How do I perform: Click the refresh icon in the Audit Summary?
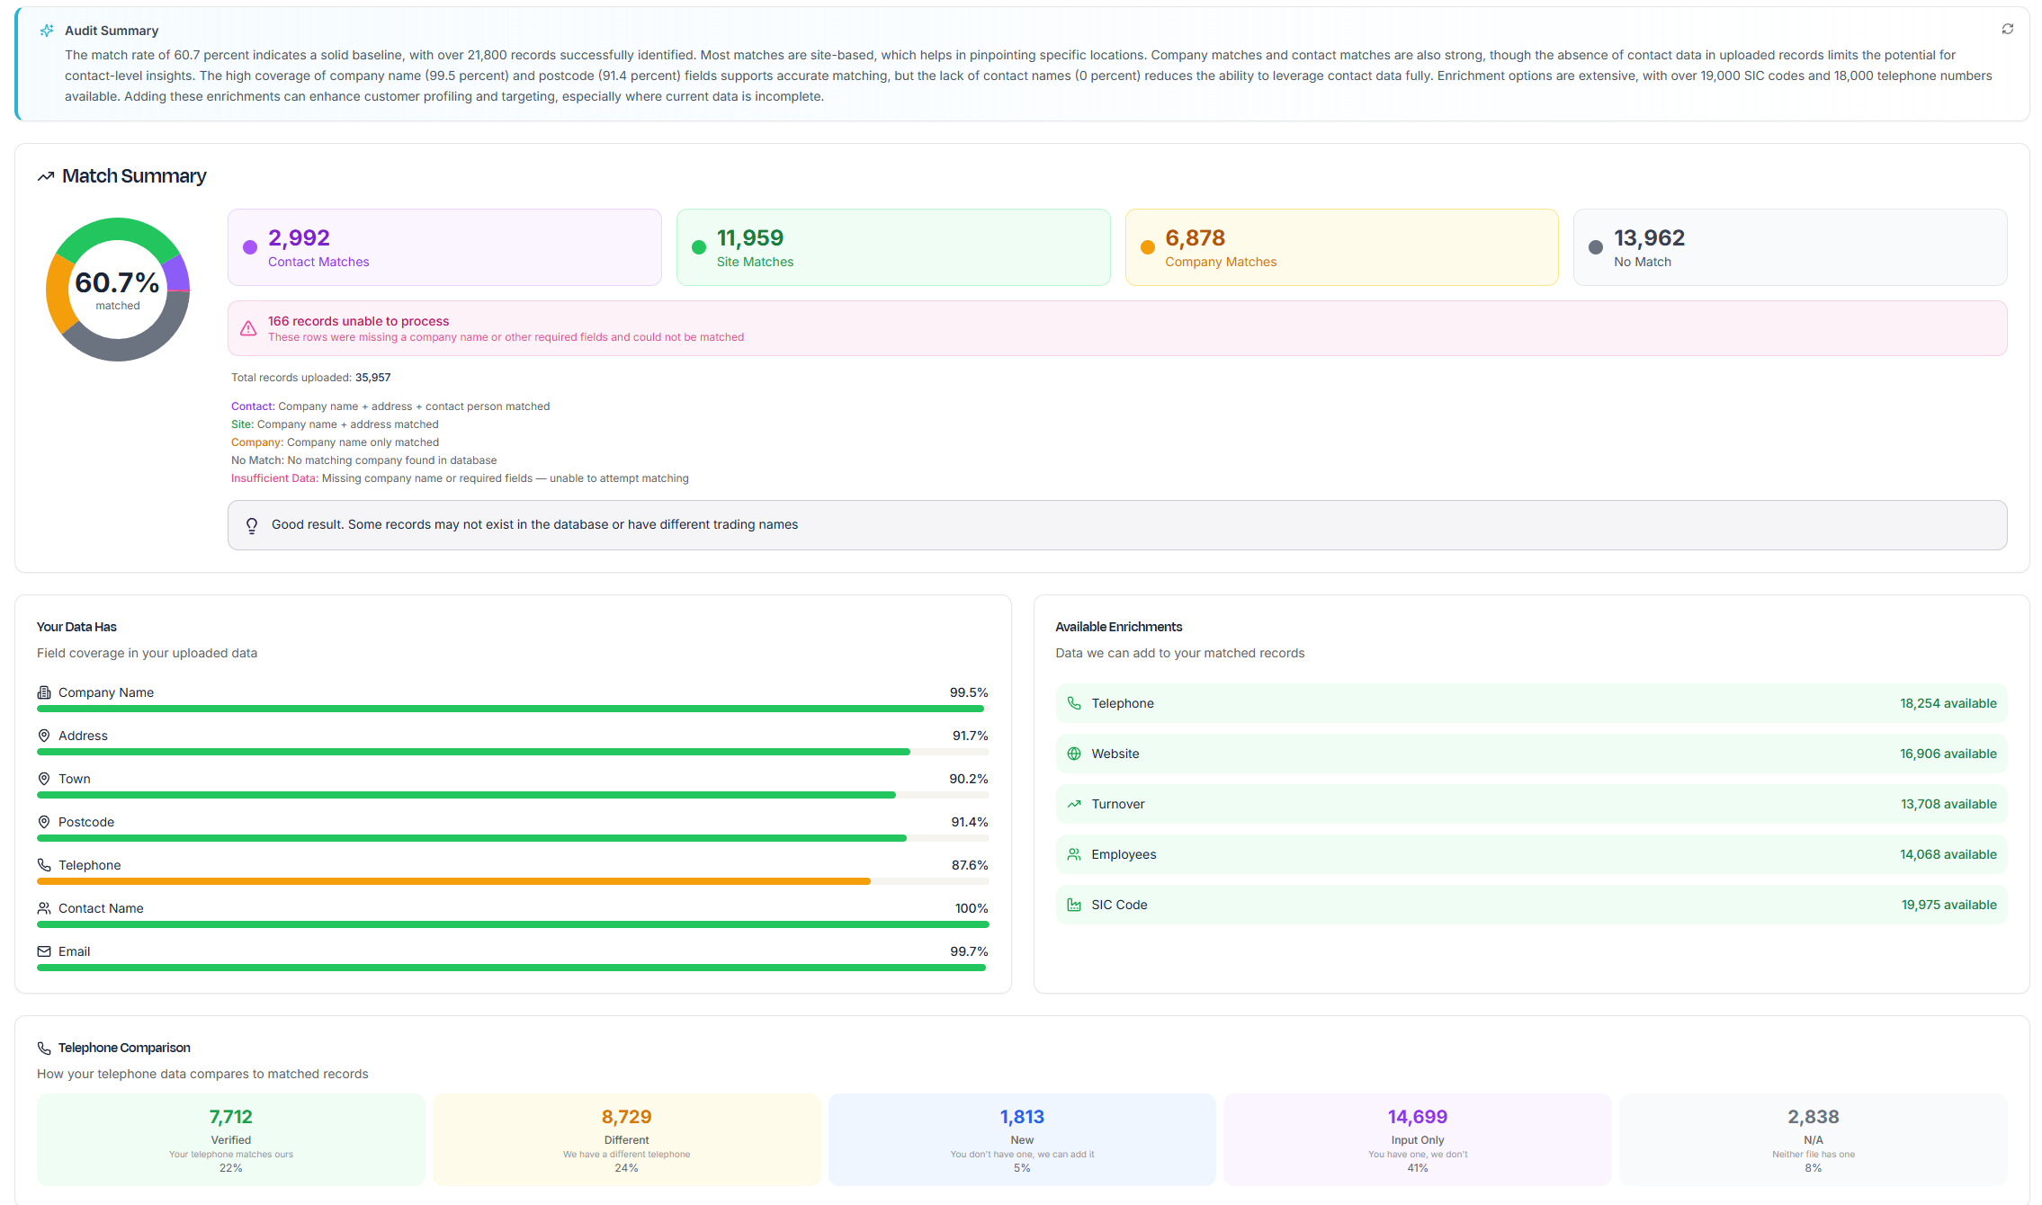click(2007, 30)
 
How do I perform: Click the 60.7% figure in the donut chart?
click(117, 282)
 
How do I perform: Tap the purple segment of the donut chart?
click(178, 272)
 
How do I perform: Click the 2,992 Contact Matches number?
click(299, 237)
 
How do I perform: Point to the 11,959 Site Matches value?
click(749, 237)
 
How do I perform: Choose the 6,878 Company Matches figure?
click(1195, 237)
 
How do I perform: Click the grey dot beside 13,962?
click(1595, 247)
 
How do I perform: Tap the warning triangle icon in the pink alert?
click(248, 328)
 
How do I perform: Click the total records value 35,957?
click(372, 378)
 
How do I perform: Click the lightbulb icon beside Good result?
click(252, 525)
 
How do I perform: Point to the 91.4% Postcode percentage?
click(969, 822)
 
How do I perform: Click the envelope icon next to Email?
click(44, 951)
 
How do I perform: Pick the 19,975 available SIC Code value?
click(1948, 905)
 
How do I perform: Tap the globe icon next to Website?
click(1073, 754)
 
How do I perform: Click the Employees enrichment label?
click(1124, 854)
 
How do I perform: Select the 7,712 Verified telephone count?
click(230, 1117)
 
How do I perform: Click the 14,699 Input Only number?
click(1417, 1117)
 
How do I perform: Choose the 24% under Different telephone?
click(626, 1168)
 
